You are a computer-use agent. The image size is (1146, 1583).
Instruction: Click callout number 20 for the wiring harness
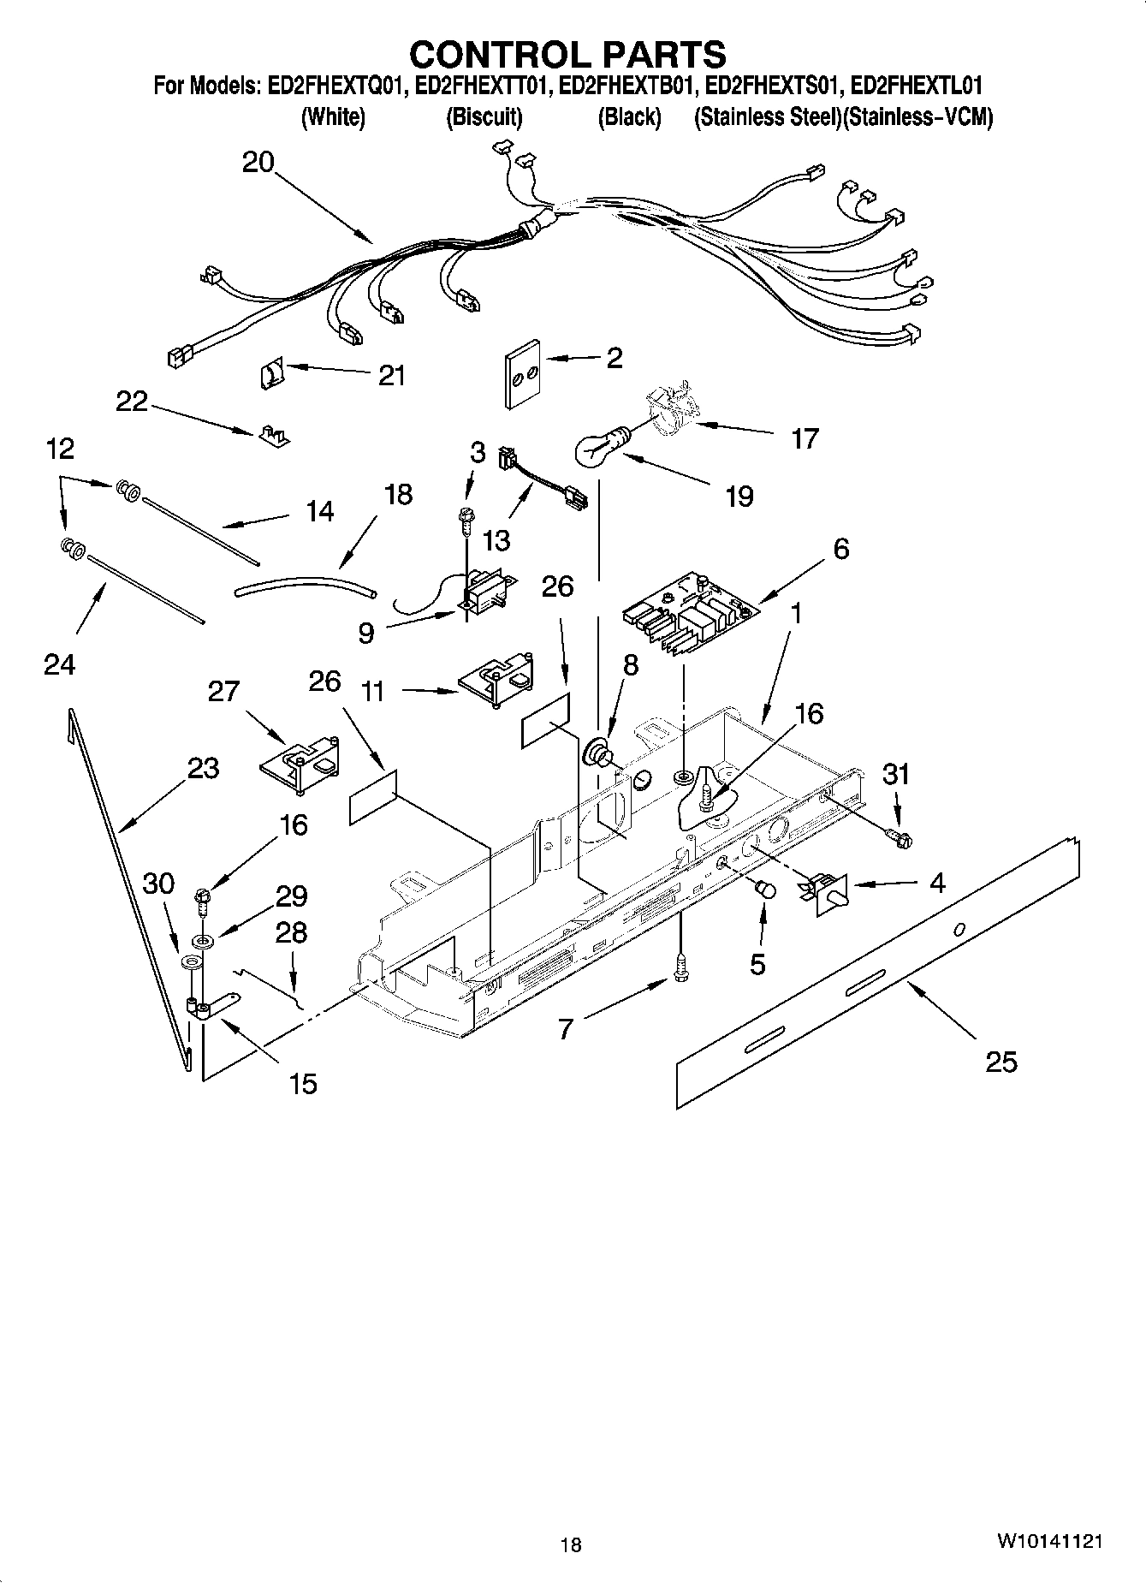click(258, 162)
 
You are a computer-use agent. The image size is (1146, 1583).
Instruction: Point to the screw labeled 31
click(898, 836)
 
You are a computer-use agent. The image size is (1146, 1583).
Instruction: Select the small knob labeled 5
click(764, 890)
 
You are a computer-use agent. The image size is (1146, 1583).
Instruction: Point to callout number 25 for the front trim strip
click(1001, 1062)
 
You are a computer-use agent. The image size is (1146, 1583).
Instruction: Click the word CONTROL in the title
click(490, 55)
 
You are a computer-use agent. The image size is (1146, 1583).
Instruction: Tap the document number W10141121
click(1048, 1541)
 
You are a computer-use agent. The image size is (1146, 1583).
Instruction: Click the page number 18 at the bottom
click(571, 1544)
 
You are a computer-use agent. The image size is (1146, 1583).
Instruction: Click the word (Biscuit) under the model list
click(484, 117)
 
